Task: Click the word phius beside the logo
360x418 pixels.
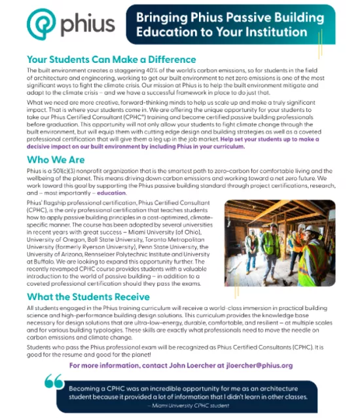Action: pos(87,26)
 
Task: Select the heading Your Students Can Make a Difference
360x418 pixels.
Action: pos(111,59)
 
